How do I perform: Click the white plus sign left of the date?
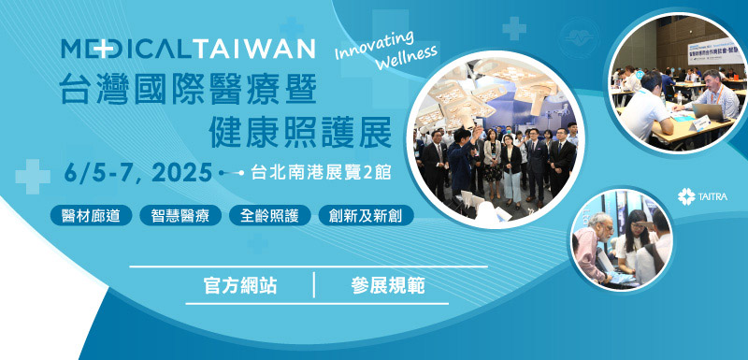pyautogui.click(x=33, y=175)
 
